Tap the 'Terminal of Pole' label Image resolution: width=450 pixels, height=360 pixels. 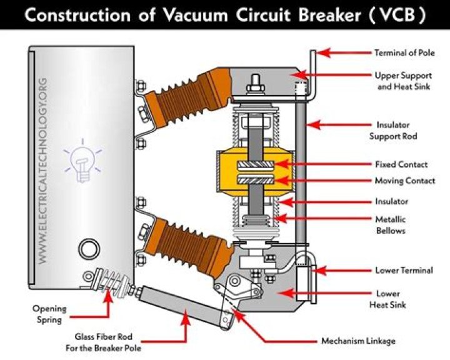pos(403,53)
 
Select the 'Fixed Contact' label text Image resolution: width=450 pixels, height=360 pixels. pos(401,165)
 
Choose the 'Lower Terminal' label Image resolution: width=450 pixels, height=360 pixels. pos(404,271)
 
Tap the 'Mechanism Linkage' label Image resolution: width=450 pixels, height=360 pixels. pos(358,341)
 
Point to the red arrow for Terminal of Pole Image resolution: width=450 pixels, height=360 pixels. pos(344,53)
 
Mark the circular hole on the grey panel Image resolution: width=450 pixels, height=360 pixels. pos(89,249)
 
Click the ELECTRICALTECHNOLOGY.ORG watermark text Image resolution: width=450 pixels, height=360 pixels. pos(43,168)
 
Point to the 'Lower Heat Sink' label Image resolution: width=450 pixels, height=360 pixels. pos(392,299)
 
